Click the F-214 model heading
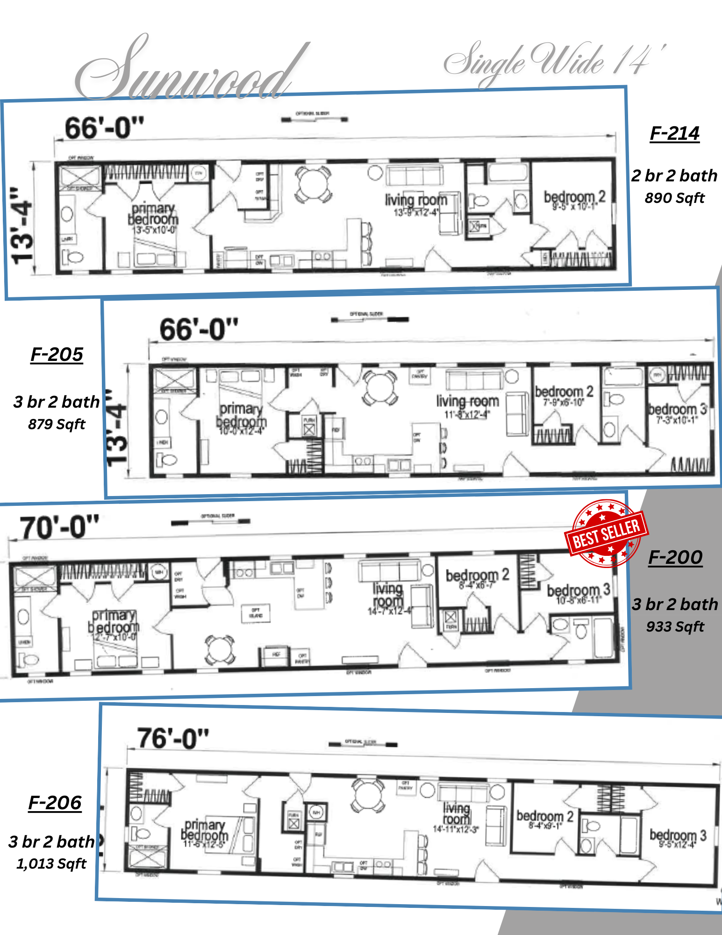point(674,134)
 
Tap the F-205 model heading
point(57,355)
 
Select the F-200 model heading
point(675,557)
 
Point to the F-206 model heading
point(55,803)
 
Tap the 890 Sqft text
point(674,198)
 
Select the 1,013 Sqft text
point(51,863)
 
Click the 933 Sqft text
point(675,626)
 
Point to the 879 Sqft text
point(57,424)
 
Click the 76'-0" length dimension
point(172,739)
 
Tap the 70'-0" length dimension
point(59,528)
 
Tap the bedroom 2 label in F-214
point(574,197)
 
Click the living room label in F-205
point(467,402)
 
